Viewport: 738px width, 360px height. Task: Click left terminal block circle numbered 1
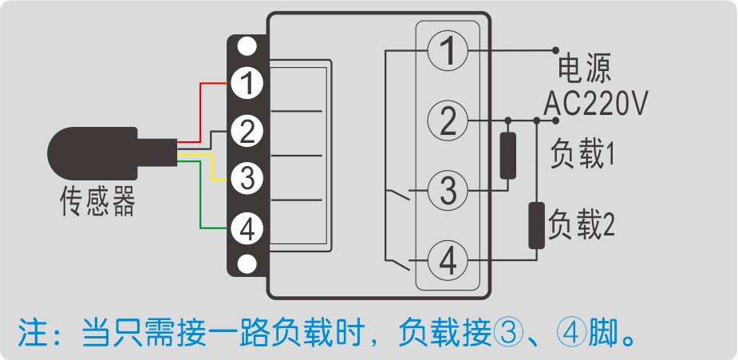tap(248, 82)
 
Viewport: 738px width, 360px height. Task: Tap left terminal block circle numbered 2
tap(248, 130)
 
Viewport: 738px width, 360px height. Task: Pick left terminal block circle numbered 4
tap(248, 229)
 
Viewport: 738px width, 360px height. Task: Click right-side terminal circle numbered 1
tap(448, 52)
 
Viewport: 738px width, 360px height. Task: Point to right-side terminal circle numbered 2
tap(448, 121)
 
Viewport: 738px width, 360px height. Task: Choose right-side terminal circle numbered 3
tap(448, 192)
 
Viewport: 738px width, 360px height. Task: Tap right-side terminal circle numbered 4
tap(448, 260)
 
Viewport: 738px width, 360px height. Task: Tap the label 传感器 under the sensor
tap(98, 202)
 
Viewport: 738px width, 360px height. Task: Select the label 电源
tap(584, 69)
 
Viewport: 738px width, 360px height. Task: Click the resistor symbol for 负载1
tap(507, 156)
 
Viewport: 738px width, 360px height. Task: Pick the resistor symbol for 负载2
tap(536, 226)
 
